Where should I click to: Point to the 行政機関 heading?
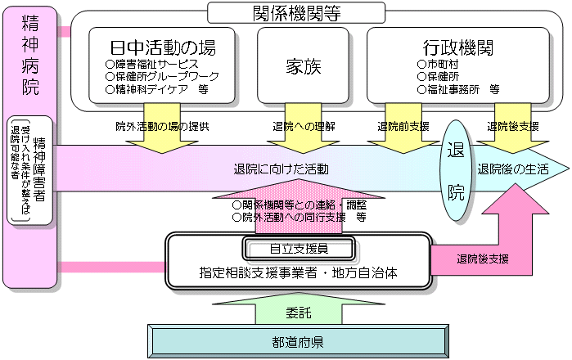[458, 46]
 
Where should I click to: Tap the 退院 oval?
[456, 171]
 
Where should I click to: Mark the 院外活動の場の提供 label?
[162, 127]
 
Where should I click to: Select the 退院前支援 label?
[403, 127]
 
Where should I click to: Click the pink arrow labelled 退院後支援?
[484, 259]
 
